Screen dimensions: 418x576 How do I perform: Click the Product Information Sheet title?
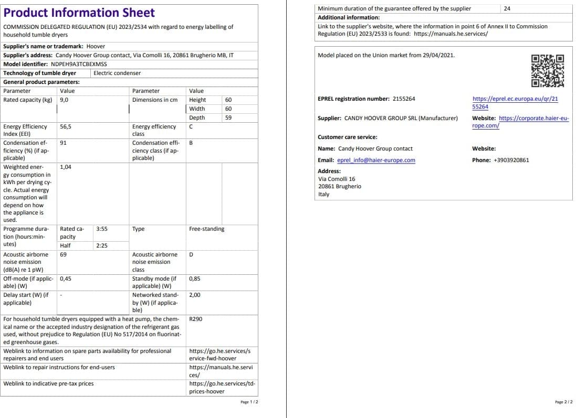point(79,13)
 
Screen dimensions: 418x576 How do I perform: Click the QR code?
point(548,71)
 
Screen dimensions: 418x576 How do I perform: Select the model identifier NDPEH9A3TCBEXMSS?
point(79,64)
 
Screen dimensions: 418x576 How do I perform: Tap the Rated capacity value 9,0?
point(64,100)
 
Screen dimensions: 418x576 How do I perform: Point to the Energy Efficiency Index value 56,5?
point(66,126)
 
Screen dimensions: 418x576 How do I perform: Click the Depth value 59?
point(228,118)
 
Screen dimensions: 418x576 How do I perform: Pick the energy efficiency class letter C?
point(191,126)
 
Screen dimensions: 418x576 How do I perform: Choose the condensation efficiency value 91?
point(63,143)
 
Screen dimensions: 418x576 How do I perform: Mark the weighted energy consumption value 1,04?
point(66,167)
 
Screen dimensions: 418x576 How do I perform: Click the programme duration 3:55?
point(102,229)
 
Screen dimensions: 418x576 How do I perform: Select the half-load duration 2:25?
point(102,245)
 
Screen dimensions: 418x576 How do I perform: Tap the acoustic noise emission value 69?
point(63,254)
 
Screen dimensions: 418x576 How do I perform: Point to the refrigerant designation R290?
point(195,319)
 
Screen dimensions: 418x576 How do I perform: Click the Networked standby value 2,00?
point(194,295)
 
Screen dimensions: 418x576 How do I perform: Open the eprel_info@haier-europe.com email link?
point(376,160)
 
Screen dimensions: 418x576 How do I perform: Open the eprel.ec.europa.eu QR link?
point(515,102)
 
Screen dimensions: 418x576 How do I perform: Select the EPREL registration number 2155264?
point(404,99)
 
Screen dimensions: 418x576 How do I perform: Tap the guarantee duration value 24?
point(507,8)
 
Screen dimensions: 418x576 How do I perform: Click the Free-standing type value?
point(206,229)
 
